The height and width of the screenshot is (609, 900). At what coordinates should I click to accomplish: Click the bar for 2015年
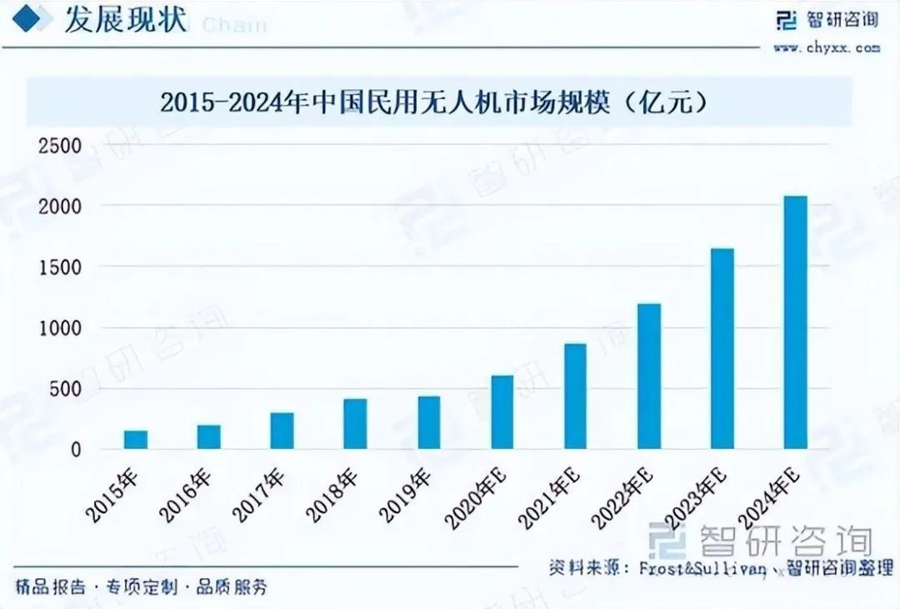(136, 440)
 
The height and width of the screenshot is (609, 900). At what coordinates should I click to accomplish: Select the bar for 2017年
(282, 431)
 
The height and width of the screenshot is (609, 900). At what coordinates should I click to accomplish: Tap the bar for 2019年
(428, 422)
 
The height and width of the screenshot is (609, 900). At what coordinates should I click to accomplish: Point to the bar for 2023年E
(722, 349)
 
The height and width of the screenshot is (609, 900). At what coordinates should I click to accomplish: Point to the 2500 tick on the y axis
(61, 147)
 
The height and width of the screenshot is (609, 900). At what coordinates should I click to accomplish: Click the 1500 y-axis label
(61, 267)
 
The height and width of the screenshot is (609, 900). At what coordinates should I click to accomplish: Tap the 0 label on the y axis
(76, 450)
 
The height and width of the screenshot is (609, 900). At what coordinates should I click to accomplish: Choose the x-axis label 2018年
(332, 495)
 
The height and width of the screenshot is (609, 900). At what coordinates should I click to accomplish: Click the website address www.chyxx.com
(826, 48)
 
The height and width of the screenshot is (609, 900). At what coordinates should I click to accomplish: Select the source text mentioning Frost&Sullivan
(720, 569)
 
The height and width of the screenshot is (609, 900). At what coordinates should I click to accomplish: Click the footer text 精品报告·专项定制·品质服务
(142, 587)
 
